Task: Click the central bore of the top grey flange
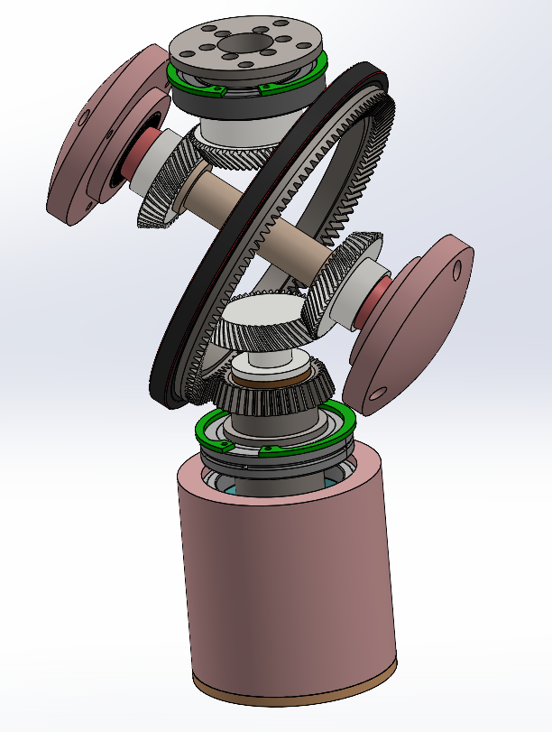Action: click(x=246, y=43)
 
